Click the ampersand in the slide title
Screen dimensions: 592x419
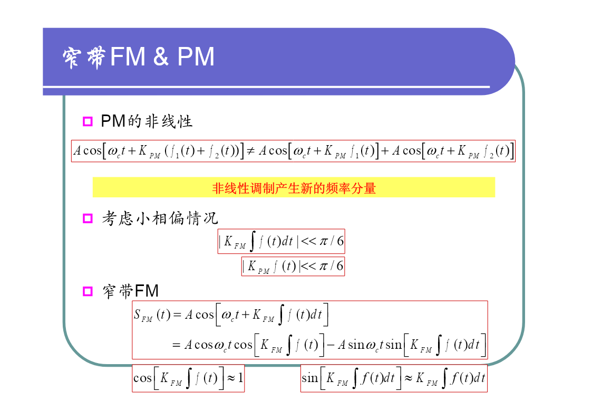(x=161, y=56)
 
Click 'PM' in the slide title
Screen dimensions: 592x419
(x=196, y=56)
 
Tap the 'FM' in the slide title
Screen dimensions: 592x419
(x=128, y=56)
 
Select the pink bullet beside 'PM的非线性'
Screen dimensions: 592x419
(x=88, y=121)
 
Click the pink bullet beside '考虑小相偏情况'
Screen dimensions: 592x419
(x=88, y=218)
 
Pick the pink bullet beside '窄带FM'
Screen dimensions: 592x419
(x=88, y=291)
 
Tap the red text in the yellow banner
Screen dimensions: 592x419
(x=294, y=188)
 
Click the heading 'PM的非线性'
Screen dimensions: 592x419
(x=147, y=121)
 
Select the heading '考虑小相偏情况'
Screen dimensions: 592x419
(x=160, y=218)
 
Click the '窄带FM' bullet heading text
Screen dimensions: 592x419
(x=131, y=291)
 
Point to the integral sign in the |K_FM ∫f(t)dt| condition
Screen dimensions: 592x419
(x=253, y=241)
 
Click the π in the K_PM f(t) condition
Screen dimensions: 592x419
(x=324, y=266)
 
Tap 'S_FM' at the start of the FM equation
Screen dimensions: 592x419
(x=143, y=315)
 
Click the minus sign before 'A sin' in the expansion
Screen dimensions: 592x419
(x=331, y=345)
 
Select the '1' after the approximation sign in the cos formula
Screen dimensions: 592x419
(x=240, y=377)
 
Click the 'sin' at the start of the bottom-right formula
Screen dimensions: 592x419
(x=309, y=377)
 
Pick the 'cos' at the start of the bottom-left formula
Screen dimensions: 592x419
(x=142, y=378)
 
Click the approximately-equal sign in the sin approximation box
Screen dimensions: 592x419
(x=409, y=378)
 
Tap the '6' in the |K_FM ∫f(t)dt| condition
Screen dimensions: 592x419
(x=340, y=241)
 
